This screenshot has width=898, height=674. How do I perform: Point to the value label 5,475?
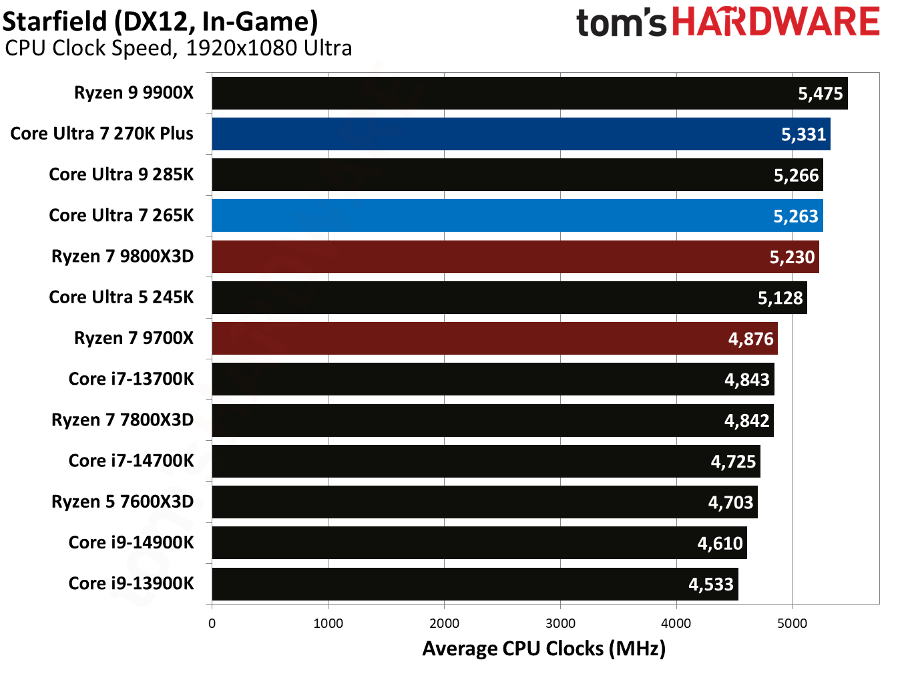(x=820, y=94)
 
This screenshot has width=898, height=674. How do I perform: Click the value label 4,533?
(x=710, y=584)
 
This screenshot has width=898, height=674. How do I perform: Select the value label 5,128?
(x=780, y=298)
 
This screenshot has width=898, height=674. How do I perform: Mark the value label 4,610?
(x=720, y=543)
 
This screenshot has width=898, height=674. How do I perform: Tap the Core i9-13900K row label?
(x=131, y=583)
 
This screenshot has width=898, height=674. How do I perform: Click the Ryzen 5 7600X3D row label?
(x=122, y=502)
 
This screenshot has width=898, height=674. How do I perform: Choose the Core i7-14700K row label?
(x=131, y=461)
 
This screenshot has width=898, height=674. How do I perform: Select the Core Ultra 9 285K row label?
(x=121, y=174)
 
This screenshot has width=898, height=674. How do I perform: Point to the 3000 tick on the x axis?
(x=560, y=623)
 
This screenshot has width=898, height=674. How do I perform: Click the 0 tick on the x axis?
(x=212, y=623)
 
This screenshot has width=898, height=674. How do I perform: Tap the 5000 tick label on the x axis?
(x=792, y=623)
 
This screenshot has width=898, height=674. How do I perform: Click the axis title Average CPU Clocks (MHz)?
(x=543, y=649)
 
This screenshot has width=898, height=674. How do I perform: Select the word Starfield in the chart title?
(x=55, y=21)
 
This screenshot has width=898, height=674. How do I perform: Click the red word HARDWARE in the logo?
(x=775, y=22)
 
